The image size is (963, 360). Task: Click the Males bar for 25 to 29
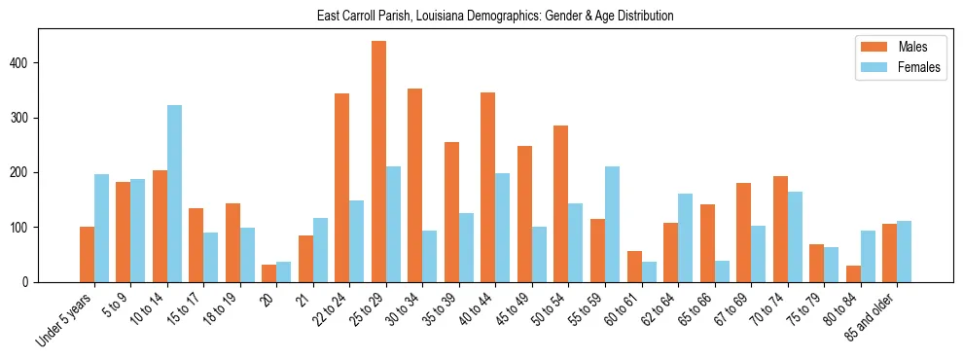point(378,162)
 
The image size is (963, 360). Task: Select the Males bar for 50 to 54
point(561,203)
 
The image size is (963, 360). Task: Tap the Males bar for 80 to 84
point(853,273)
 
